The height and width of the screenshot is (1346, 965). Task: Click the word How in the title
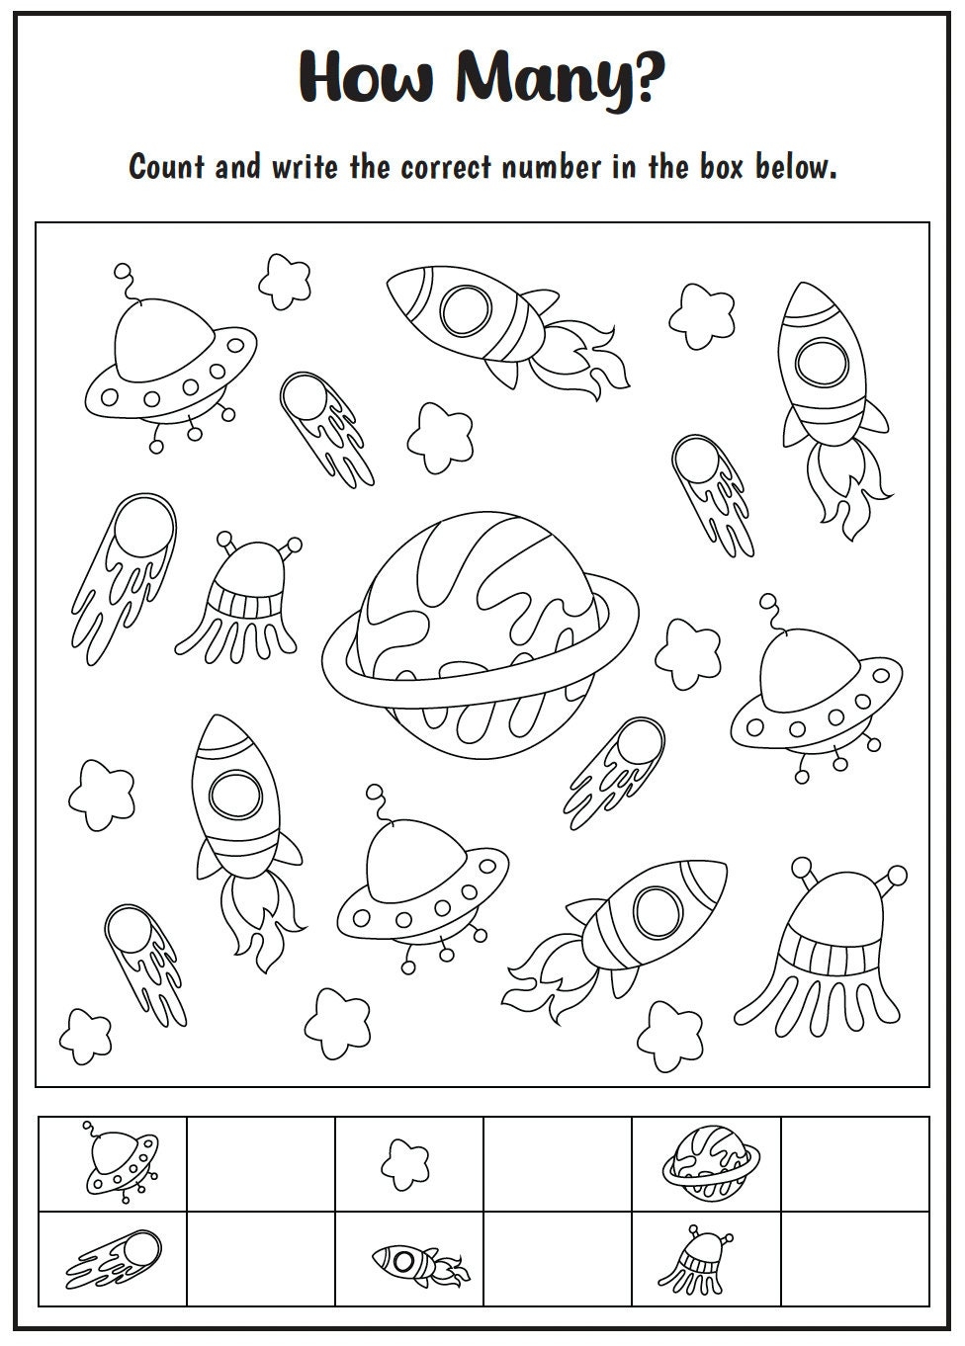[x=365, y=75]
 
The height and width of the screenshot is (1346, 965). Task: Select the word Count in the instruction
[x=165, y=166]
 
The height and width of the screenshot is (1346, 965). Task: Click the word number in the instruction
[x=550, y=167]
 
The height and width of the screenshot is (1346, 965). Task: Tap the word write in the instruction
[x=305, y=166]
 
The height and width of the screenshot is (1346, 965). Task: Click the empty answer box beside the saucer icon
[x=261, y=1163]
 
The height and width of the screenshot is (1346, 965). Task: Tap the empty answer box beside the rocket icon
[x=557, y=1258]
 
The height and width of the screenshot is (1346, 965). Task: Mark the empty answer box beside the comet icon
[x=261, y=1258]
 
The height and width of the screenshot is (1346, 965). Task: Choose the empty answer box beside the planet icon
[x=854, y=1163]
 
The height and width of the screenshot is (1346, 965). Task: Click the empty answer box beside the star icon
[x=557, y=1163]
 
